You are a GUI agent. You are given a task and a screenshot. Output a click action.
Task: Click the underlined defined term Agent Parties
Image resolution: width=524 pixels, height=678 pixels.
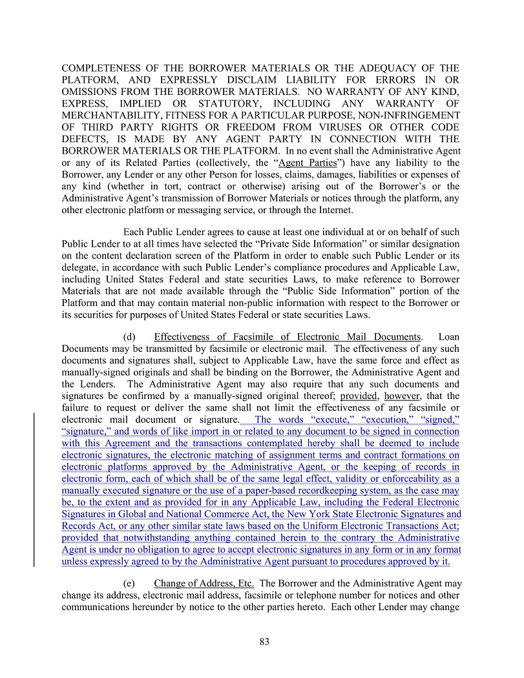tap(308, 163)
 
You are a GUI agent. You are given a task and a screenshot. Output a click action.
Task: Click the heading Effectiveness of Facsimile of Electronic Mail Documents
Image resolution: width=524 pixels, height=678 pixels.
tap(288, 336)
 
